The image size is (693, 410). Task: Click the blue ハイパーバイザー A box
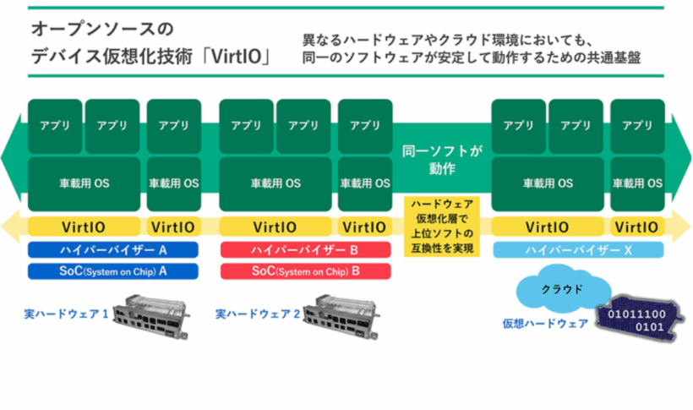pos(112,249)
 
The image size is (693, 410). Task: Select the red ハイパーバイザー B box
pos(305,249)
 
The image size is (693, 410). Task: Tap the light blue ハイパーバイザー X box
pos(578,249)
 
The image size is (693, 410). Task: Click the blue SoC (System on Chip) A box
pos(112,271)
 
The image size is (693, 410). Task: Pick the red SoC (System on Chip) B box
pos(305,271)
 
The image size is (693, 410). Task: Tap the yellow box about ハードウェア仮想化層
pos(442,226)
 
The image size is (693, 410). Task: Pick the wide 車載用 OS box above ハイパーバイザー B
pos(276,183)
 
